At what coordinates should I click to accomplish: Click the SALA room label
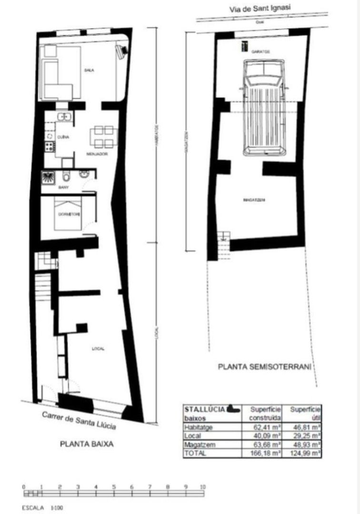[x=89, y=70]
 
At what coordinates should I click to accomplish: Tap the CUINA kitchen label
[x=63, y=137]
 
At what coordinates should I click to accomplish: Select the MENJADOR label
[x=96, y=154]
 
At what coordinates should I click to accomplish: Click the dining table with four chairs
[x=103, y=137]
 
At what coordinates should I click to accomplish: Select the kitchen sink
[x=63, y=116]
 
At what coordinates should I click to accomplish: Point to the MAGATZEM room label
[x=254, y=200]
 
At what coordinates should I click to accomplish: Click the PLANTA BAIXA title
[x=87, y=444]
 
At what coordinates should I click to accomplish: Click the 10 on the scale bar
[x=203, y=486]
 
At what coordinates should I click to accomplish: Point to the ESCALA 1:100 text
[x=42, y=508]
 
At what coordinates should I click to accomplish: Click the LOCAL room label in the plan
[x=98, y=349]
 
